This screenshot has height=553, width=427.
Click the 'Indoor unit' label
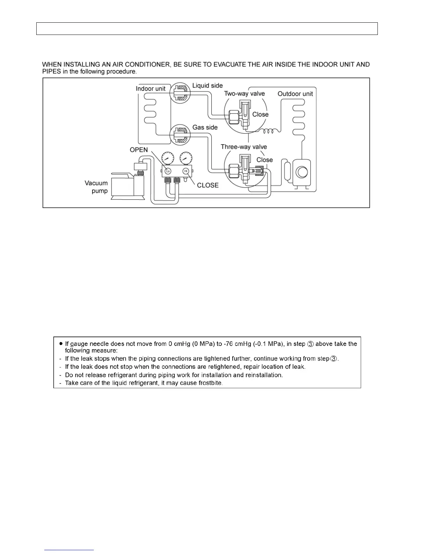click(150, 89)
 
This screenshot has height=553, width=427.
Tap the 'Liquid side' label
click(207, 86)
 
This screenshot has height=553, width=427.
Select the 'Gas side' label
click(205, 127)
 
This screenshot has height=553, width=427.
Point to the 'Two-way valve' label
click(244, 94)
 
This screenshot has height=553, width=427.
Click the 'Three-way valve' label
click(244, 147)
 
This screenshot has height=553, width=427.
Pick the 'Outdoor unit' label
click(295, 94)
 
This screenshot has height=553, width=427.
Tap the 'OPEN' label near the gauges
click(139, 150)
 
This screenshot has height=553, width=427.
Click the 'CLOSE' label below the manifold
click(208, 185)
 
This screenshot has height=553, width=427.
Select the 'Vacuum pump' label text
click(96, 187)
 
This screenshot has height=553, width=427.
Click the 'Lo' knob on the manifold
click(168, 171)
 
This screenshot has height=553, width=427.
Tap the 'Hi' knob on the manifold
click(186, 171)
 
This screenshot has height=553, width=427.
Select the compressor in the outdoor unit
click(301, 172)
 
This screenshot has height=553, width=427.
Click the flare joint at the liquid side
click(180, 93)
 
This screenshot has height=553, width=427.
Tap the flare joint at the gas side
click(180, 134)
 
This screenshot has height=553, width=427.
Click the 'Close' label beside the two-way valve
click(260, 115)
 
